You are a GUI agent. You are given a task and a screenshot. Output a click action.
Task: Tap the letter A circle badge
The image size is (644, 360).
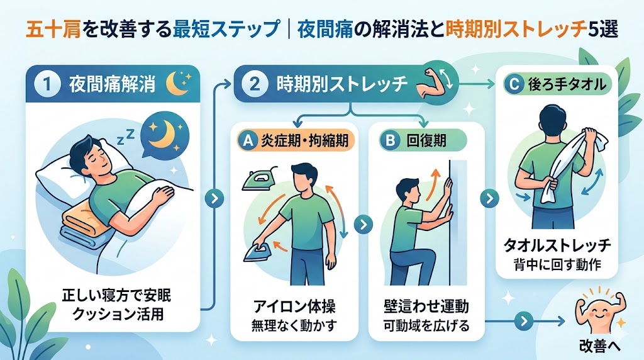pos(247,140)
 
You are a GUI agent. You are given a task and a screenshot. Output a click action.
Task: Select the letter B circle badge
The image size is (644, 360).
pos(390,140)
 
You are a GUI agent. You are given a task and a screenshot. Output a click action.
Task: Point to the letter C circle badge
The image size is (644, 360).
pos(513,84)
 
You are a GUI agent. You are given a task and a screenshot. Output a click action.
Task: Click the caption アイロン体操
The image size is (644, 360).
pos(294,307)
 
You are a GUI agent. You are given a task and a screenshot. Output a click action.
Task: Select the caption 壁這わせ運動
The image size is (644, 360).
pos(426,307)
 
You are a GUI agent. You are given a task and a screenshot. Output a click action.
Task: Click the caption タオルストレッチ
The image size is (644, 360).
pos(557,245)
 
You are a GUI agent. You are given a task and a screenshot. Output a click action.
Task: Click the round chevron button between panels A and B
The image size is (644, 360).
pos(364,225)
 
